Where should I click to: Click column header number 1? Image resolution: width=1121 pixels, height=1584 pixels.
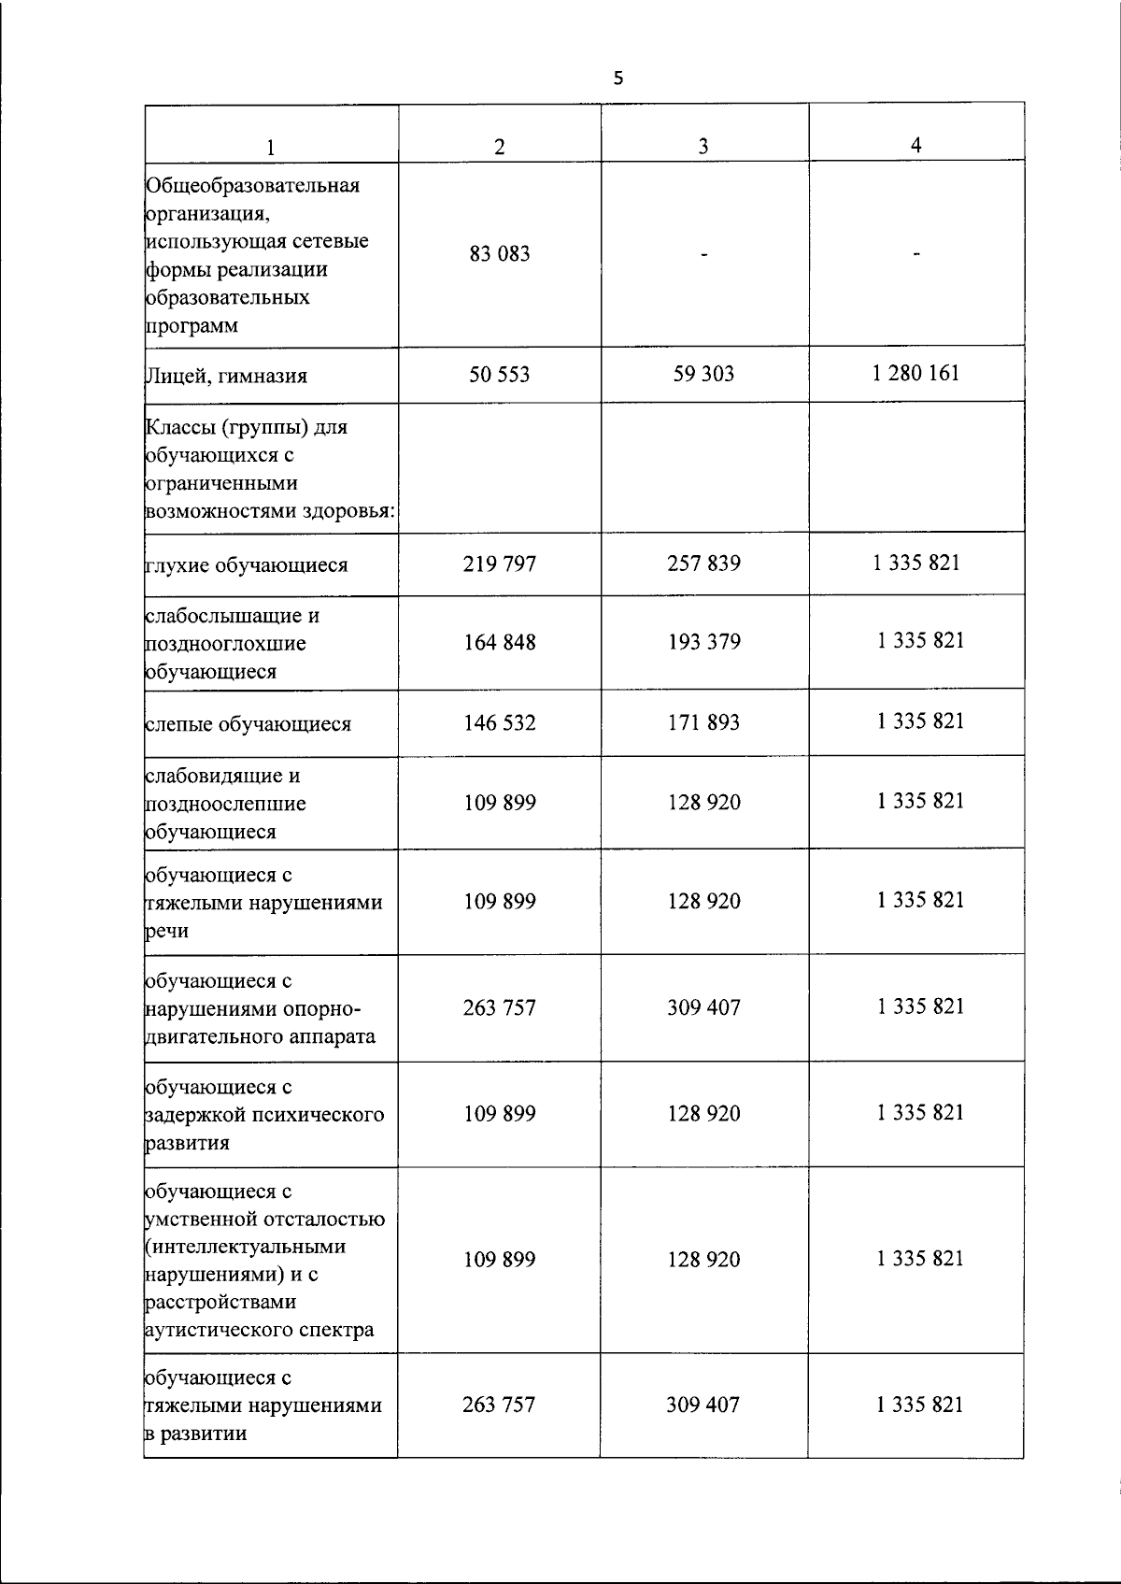pos(271,147)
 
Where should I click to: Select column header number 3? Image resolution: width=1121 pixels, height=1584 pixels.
pos(702,146)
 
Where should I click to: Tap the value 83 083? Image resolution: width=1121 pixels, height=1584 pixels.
pos(500,253)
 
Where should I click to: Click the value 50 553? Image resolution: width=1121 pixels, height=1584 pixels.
pos(500,375)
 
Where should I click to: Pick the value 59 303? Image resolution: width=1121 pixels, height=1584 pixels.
pos(703,374)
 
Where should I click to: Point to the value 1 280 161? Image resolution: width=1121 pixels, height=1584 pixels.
pos(915,373)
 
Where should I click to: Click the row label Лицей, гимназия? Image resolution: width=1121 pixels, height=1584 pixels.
pos(227,376)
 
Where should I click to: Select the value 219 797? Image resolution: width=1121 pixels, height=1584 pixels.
pos(500,564)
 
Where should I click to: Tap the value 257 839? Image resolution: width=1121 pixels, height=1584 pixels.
pos(703,564)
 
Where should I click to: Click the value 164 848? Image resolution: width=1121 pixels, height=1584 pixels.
pos(500,642)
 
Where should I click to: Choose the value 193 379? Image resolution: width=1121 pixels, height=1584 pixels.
pos(703,642)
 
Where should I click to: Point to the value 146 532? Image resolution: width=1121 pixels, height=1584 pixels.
pos(500,722)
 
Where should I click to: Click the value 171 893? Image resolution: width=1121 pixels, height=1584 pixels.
pos(703,722)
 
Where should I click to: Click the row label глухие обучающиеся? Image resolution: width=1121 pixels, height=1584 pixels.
pos(247,565)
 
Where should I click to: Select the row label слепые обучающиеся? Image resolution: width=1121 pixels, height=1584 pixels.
pos(248,724)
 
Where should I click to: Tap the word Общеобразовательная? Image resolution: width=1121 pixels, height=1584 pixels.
pos(253,184)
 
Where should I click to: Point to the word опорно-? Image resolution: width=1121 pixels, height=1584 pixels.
pos(322,1008)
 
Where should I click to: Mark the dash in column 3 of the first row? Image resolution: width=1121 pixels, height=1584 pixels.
pos(703,253)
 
